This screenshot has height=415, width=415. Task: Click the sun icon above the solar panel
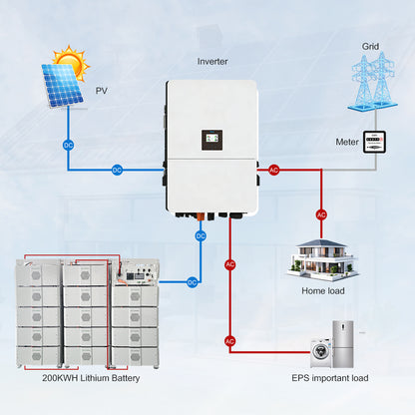(71, 61)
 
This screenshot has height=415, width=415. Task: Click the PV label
(101, 91)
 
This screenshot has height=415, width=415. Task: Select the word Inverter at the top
(213, 62)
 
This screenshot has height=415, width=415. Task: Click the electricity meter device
(373, 142)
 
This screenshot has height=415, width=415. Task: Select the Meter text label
(345, 142)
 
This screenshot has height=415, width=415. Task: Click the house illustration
(321, 256)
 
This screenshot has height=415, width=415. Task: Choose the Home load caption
(322, 291)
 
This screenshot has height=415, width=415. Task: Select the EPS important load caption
(328, 379)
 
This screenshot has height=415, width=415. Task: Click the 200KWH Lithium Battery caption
(85, 379)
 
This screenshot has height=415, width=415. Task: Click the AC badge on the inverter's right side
(274, 170)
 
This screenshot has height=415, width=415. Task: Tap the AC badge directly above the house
(321, 214)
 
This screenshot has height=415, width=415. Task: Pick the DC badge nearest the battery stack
(193, 282)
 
